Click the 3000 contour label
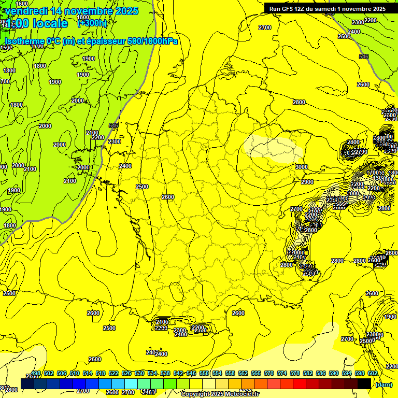pyautogui.click(x=302, y=167)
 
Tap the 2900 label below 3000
pyautogui.click(x=307, y=182)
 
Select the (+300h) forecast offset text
pyautogui.click(x=92, y=23)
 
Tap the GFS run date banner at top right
pyautogui.click(x=328, y=9)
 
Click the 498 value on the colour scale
pyautogui.click(x=36, y=374)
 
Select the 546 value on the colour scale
pyautogui.click(x=191, y=374)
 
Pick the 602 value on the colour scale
pyautogui.click(x=373, y=374)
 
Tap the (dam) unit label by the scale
pyautogui.click(x=383, y=384)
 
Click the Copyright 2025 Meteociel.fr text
pyautogui.click(x=220, y=394)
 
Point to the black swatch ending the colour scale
pyautogui.click(x=364, y=383)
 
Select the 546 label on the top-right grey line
pyautogui.click(x=364, y=56)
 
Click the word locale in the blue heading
pyautogui.click(x=50, y=23)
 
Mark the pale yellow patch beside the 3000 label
pyautogui.click(x=271, y=148)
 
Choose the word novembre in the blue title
pyautogui.click(x=89, y=11)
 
